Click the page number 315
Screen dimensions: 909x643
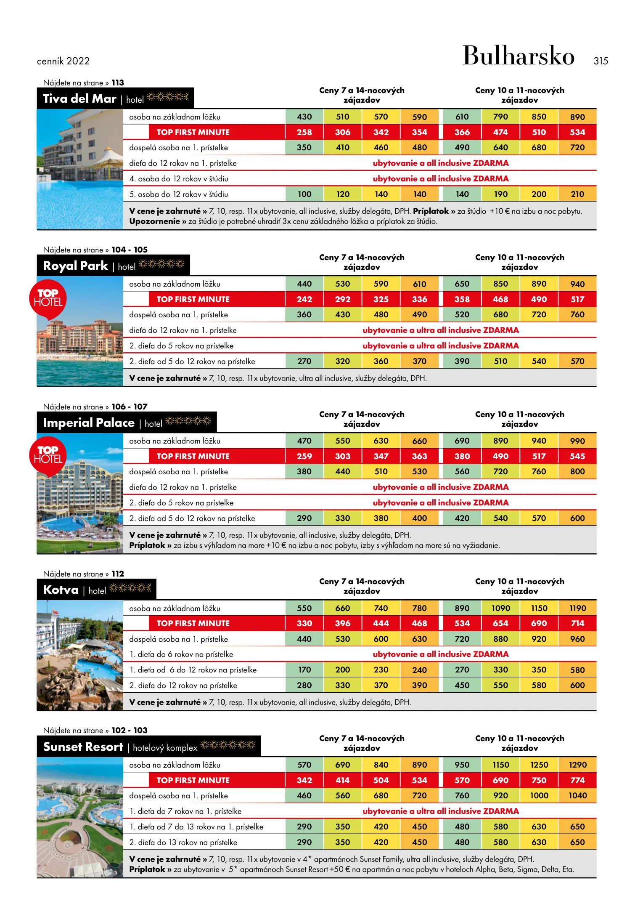click(x=601, y=61)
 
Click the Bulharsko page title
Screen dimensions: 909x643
click(x=518, y=56)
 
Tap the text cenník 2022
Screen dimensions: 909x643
click(x=63, y=61)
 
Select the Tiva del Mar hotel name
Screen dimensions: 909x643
click(x=79, y=98)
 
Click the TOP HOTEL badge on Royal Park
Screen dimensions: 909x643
click(x=48, y=298)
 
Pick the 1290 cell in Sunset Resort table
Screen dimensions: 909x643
click(x=577, y=765)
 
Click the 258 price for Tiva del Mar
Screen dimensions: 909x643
click(x=304, y=132)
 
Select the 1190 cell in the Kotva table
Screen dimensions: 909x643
click(x=577, y=608)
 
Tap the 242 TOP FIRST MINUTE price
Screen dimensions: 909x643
click(x=304, y=299)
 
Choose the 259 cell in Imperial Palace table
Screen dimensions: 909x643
click(x=304, y=456)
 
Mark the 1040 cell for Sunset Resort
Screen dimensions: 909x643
click(x=577, y=795)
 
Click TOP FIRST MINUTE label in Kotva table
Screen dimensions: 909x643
click(x=193, y=623)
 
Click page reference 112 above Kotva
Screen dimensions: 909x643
click(x=118, y=574)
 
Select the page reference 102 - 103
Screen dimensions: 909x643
click(x=130, y=730)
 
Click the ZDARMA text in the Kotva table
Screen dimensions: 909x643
click(x=490, y=654)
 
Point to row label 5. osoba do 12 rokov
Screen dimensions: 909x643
click(x=178, y=194)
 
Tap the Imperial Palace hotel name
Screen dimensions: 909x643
click(x=89, y=423)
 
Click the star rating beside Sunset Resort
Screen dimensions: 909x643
click(x=228, y=745)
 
